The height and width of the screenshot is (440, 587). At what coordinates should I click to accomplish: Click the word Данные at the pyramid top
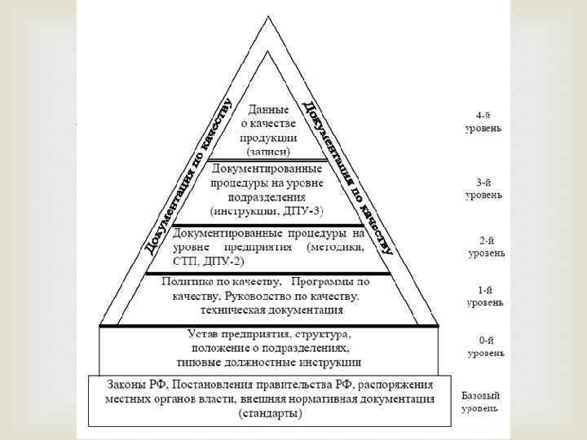(269, 108)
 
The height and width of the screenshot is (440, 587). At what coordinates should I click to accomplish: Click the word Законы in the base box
(130, 384)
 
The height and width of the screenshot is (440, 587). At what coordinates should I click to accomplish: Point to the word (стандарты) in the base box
(270, 413)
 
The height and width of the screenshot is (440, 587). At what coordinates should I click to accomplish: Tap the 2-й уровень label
(486, 246)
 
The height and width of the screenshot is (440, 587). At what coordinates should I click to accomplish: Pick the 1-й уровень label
(484, 296)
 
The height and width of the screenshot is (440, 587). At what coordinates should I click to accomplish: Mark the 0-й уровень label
(485, 347)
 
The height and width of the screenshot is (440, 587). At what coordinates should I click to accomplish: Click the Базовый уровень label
(481, 401)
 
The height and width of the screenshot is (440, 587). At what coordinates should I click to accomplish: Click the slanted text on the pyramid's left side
(188, 175)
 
